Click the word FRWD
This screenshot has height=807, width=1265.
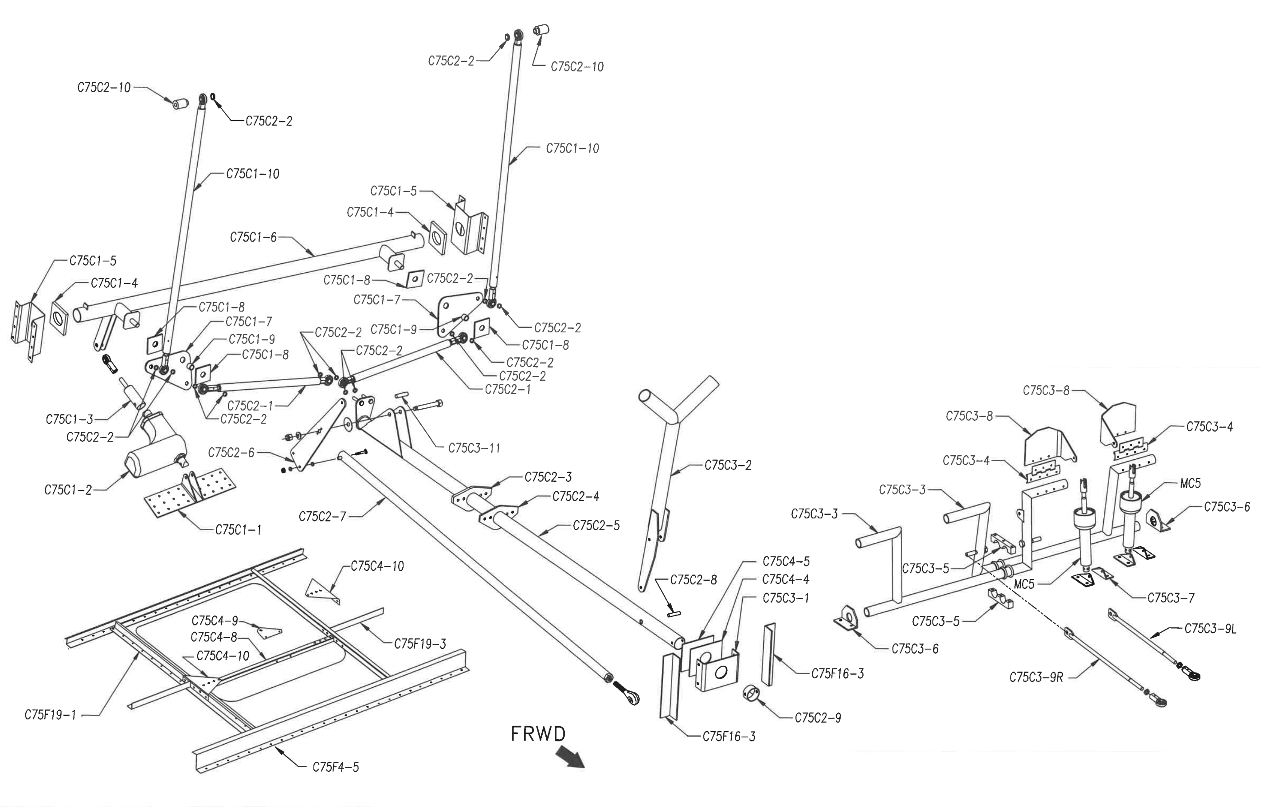tap(539, 734)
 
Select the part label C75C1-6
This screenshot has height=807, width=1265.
tap(253, 238)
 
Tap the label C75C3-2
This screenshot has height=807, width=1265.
tap(728, 466)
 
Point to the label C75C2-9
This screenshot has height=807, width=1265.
tap(818, 718)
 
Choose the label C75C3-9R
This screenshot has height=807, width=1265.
tap(1036, 678)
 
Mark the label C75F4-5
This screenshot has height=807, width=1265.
tap(336, 768)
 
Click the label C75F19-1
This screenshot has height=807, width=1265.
tap(51, 715)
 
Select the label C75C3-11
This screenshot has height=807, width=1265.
tap(474, 448)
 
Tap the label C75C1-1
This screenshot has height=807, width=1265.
tap(238, 530)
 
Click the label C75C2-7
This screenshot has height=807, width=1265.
tap(322, 517)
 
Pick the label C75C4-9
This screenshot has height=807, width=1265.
tap(215, 621)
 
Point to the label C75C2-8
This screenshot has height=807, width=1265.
tap(693, 580)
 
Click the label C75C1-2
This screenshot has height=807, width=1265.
tap(68, 490)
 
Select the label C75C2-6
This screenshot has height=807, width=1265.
tap(231, 453)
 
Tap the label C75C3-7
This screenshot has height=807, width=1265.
tap(1171, 598)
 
